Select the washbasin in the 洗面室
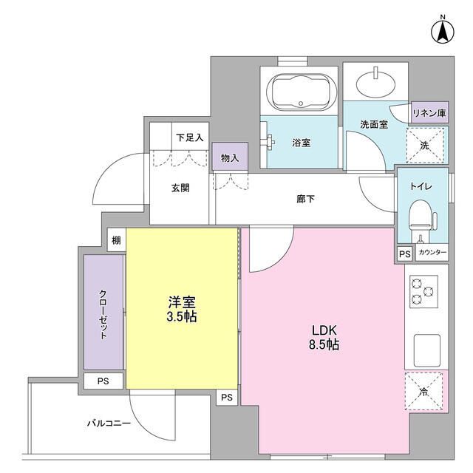tap(377, 81)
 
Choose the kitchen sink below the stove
tap(427, 346)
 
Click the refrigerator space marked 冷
tap(424, 392)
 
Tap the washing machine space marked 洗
tap(424, 146)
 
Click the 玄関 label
tap(180, 188)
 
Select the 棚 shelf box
tap(116, 239)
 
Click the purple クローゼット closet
tap(103, 312)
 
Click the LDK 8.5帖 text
tap(322, 337)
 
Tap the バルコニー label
tap(109, 423)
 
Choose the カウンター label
tap(432, 253)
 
